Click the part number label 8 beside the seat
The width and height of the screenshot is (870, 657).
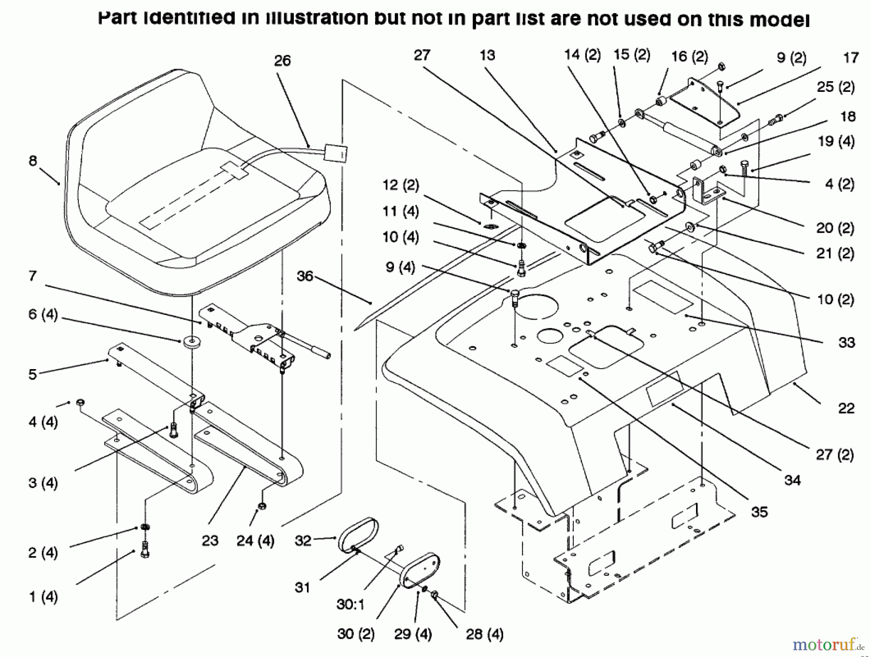pyautogui.click(x=32, y=160)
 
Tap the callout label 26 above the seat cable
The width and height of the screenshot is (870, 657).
pyautogui.click(x=282, y=61)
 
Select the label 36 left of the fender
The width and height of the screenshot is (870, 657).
pyautogui.click(x=305, y=276)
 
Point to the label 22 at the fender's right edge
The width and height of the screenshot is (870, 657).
pyautogui.click(x=846, y=408)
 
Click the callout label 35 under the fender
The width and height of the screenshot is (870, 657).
pyautogui.click(x=759, y=512)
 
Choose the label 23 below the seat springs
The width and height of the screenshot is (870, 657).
pyautogui.click(x=210, y=540)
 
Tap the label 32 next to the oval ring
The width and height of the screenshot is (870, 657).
pyautogui.click(x=303, y=540)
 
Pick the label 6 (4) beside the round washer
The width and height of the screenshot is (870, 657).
pyautogui.click(x=43, y=315)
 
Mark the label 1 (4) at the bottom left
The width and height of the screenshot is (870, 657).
pyautogui.click(x=43, y=597)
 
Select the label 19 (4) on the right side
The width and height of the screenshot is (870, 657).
pyautogui.click(x=836, y=142)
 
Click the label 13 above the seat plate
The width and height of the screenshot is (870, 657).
pyautogui.click(x=487, y=56)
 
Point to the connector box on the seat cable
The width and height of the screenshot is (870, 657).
pyautogui.click(x=335, y=152)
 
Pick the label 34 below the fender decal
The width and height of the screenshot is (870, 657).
pyautogui.click(x=792, y=480)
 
